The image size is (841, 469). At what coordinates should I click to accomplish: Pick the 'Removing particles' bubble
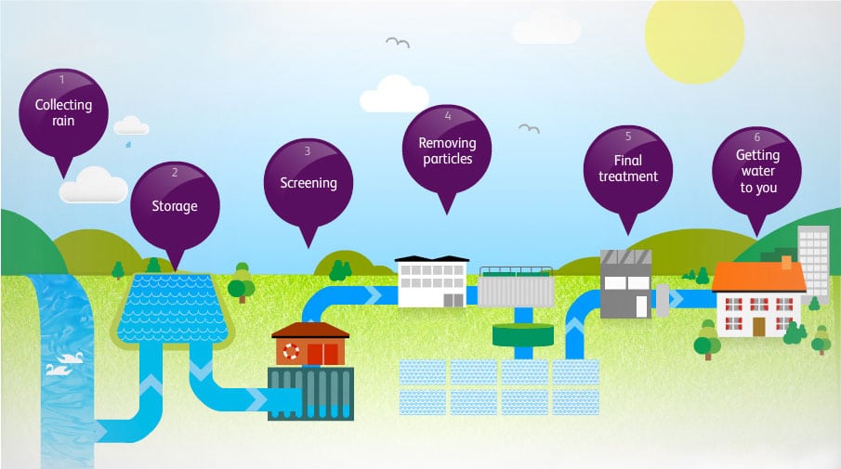(447, 149)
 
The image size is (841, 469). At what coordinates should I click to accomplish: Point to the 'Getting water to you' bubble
(756, 171)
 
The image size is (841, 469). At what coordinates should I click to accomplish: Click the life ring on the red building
(292, 351)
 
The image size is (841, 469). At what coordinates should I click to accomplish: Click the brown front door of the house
(759, 326)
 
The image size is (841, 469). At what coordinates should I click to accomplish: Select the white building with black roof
(431, 280)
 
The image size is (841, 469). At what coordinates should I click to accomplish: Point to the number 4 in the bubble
(448, 117)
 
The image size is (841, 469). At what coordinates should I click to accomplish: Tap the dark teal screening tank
(310, 393)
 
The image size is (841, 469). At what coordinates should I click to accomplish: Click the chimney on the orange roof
(785, 261)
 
